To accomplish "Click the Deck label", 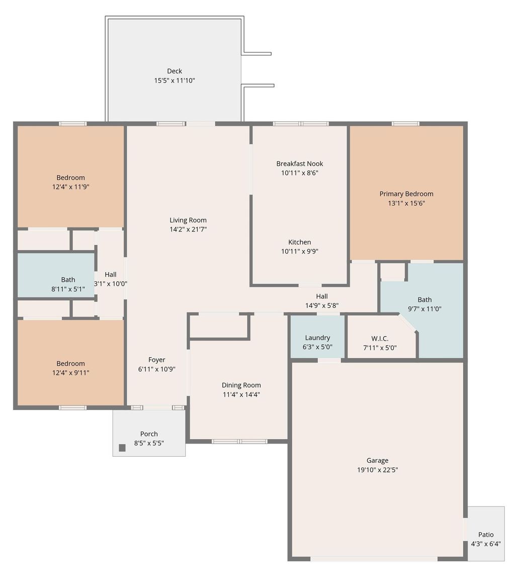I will click(x=175, y=71).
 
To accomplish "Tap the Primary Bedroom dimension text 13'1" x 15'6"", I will click(x=406, y=203).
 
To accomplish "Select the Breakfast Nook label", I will click(x=300, y=163).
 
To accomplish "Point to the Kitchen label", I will click(x=300, y=242).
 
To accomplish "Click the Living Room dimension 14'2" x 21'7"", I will click(x=188, y=229).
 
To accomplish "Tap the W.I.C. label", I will click(x=380, y=338).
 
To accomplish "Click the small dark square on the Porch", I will click(x=122, y=448).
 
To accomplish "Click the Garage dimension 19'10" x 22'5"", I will click(x=377, y=470).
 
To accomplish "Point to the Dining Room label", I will click(x=241, y=385).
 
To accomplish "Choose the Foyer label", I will click(x=156, y=360).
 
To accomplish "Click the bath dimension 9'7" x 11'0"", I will click(x=424, y=309).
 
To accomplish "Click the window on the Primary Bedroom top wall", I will click(x=405, y=124).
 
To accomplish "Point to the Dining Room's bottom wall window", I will click(x=239, y=441).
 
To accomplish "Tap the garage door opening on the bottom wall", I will click(x=374, y=558).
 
